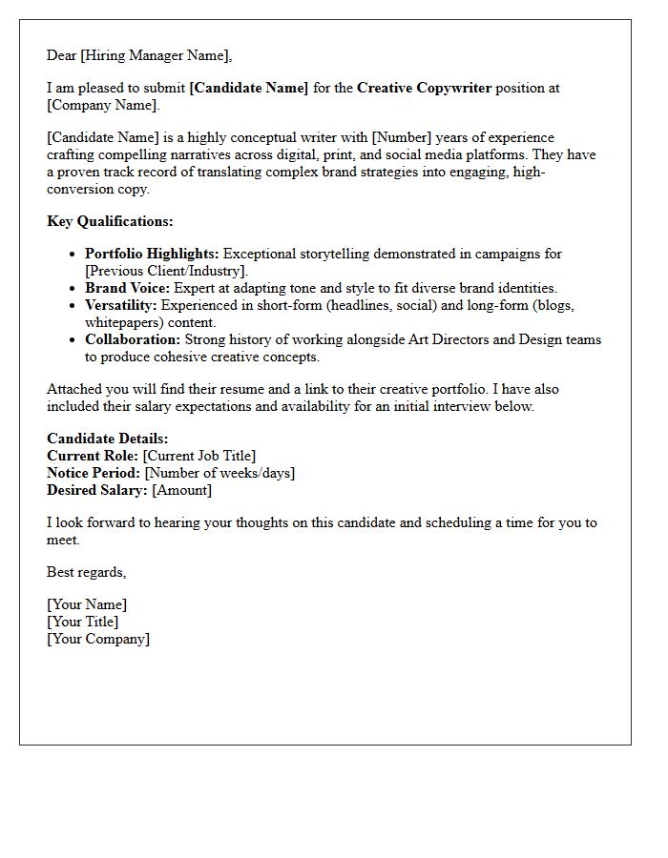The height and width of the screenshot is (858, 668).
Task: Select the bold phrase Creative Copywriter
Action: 424,88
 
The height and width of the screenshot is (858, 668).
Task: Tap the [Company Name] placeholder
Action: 103,105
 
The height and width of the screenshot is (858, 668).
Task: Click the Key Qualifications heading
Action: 110,221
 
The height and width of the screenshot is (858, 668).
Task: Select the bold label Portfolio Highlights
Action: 152,254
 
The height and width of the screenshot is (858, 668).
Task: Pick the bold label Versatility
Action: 121,305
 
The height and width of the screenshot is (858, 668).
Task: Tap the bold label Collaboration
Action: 133,339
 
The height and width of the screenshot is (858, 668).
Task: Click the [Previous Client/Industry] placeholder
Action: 166,271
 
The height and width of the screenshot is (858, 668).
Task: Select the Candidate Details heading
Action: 108,439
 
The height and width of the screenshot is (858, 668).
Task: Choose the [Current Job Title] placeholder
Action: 199,456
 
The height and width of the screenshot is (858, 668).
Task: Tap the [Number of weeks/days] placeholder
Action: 219,473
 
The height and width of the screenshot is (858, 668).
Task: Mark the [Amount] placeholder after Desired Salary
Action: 182,490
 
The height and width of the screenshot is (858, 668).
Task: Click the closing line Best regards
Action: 86,572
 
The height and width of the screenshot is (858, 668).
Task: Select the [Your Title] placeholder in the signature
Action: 83,622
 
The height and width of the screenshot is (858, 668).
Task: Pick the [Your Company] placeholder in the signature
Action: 98,639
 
